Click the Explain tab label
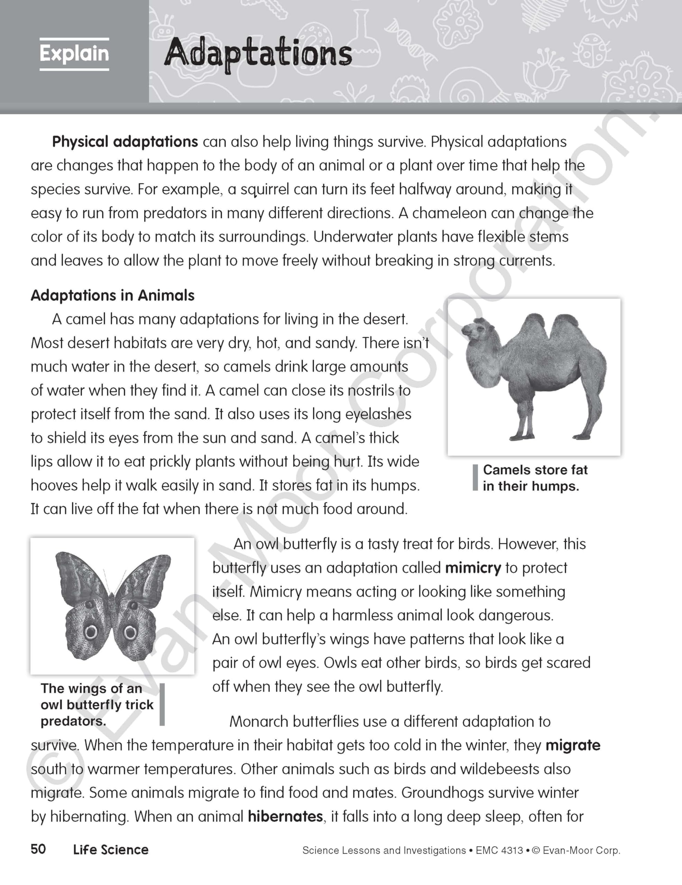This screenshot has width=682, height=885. point(74,54)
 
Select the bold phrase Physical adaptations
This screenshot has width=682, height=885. point(125,142)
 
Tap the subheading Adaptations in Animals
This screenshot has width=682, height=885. point(113,296)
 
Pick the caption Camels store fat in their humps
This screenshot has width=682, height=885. point(534,478)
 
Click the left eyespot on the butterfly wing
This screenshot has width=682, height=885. point(91,632)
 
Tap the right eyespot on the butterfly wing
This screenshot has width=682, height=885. point(130,632)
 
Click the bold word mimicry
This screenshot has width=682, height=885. point(473,568)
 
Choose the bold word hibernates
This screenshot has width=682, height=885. point(285,816)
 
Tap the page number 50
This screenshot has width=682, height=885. point(38,849)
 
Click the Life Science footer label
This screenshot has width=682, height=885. point(111,850)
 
